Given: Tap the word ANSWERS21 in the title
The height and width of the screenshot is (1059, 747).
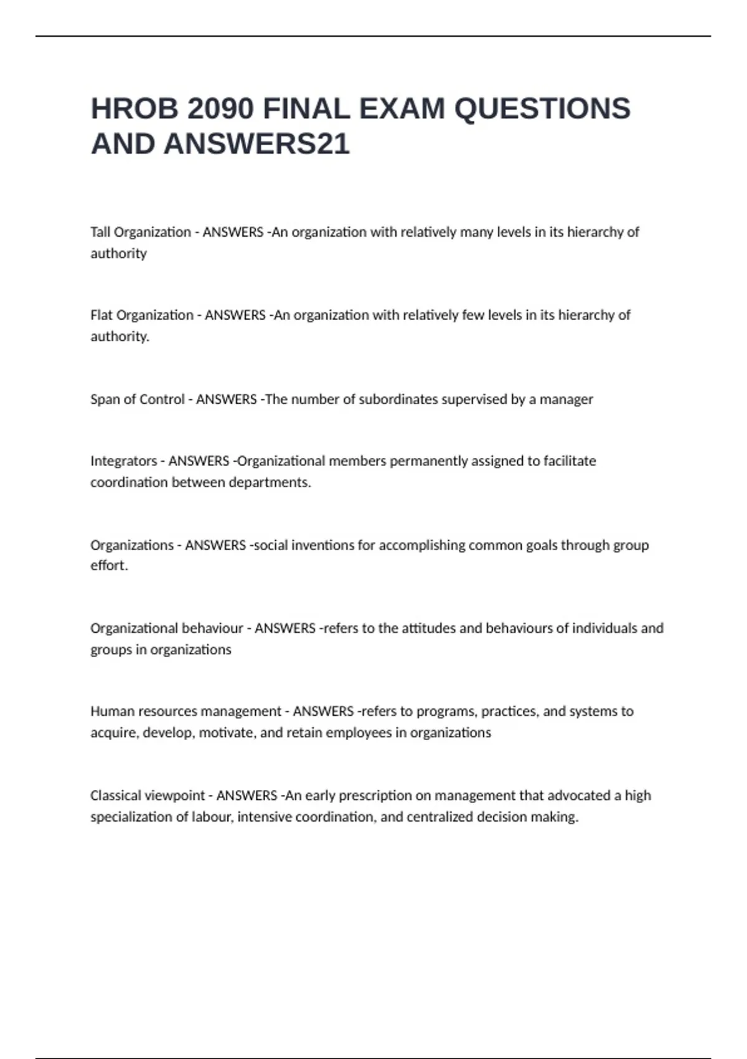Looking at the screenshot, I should click(256, 144).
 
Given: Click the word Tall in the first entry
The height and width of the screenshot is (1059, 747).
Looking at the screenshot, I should click(100, 232).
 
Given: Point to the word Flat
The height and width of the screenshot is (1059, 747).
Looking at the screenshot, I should click(101, 315).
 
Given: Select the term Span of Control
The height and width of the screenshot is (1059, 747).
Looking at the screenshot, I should click(138, 399).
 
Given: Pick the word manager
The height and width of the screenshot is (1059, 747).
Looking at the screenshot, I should click(566, 399).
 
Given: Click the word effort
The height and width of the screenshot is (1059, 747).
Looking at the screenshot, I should click(109, 566).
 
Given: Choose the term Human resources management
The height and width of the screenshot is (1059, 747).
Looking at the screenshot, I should click(186, 711).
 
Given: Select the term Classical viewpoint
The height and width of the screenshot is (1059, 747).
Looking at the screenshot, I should click(148, 795).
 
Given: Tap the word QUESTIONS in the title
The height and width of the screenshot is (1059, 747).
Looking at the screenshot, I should click(542, 109).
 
